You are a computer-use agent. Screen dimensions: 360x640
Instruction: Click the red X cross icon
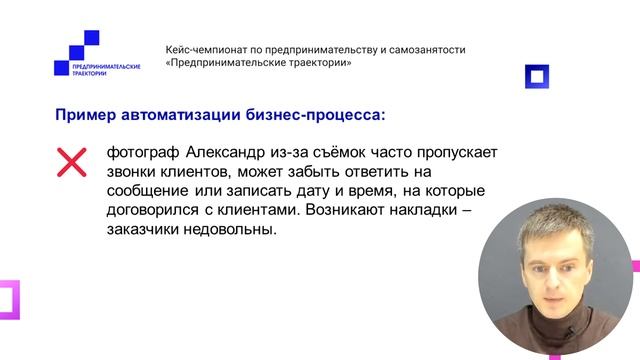pyautogui.click(x=69, y=161)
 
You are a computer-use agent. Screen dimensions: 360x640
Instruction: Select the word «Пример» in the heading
pyautogui.click(x=86, y=115)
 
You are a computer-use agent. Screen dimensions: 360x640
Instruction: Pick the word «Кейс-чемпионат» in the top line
pyautogui.click(x=210, y=49)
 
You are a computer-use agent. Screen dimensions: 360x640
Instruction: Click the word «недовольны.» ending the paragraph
pyautogui.click(x=232, y=231)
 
